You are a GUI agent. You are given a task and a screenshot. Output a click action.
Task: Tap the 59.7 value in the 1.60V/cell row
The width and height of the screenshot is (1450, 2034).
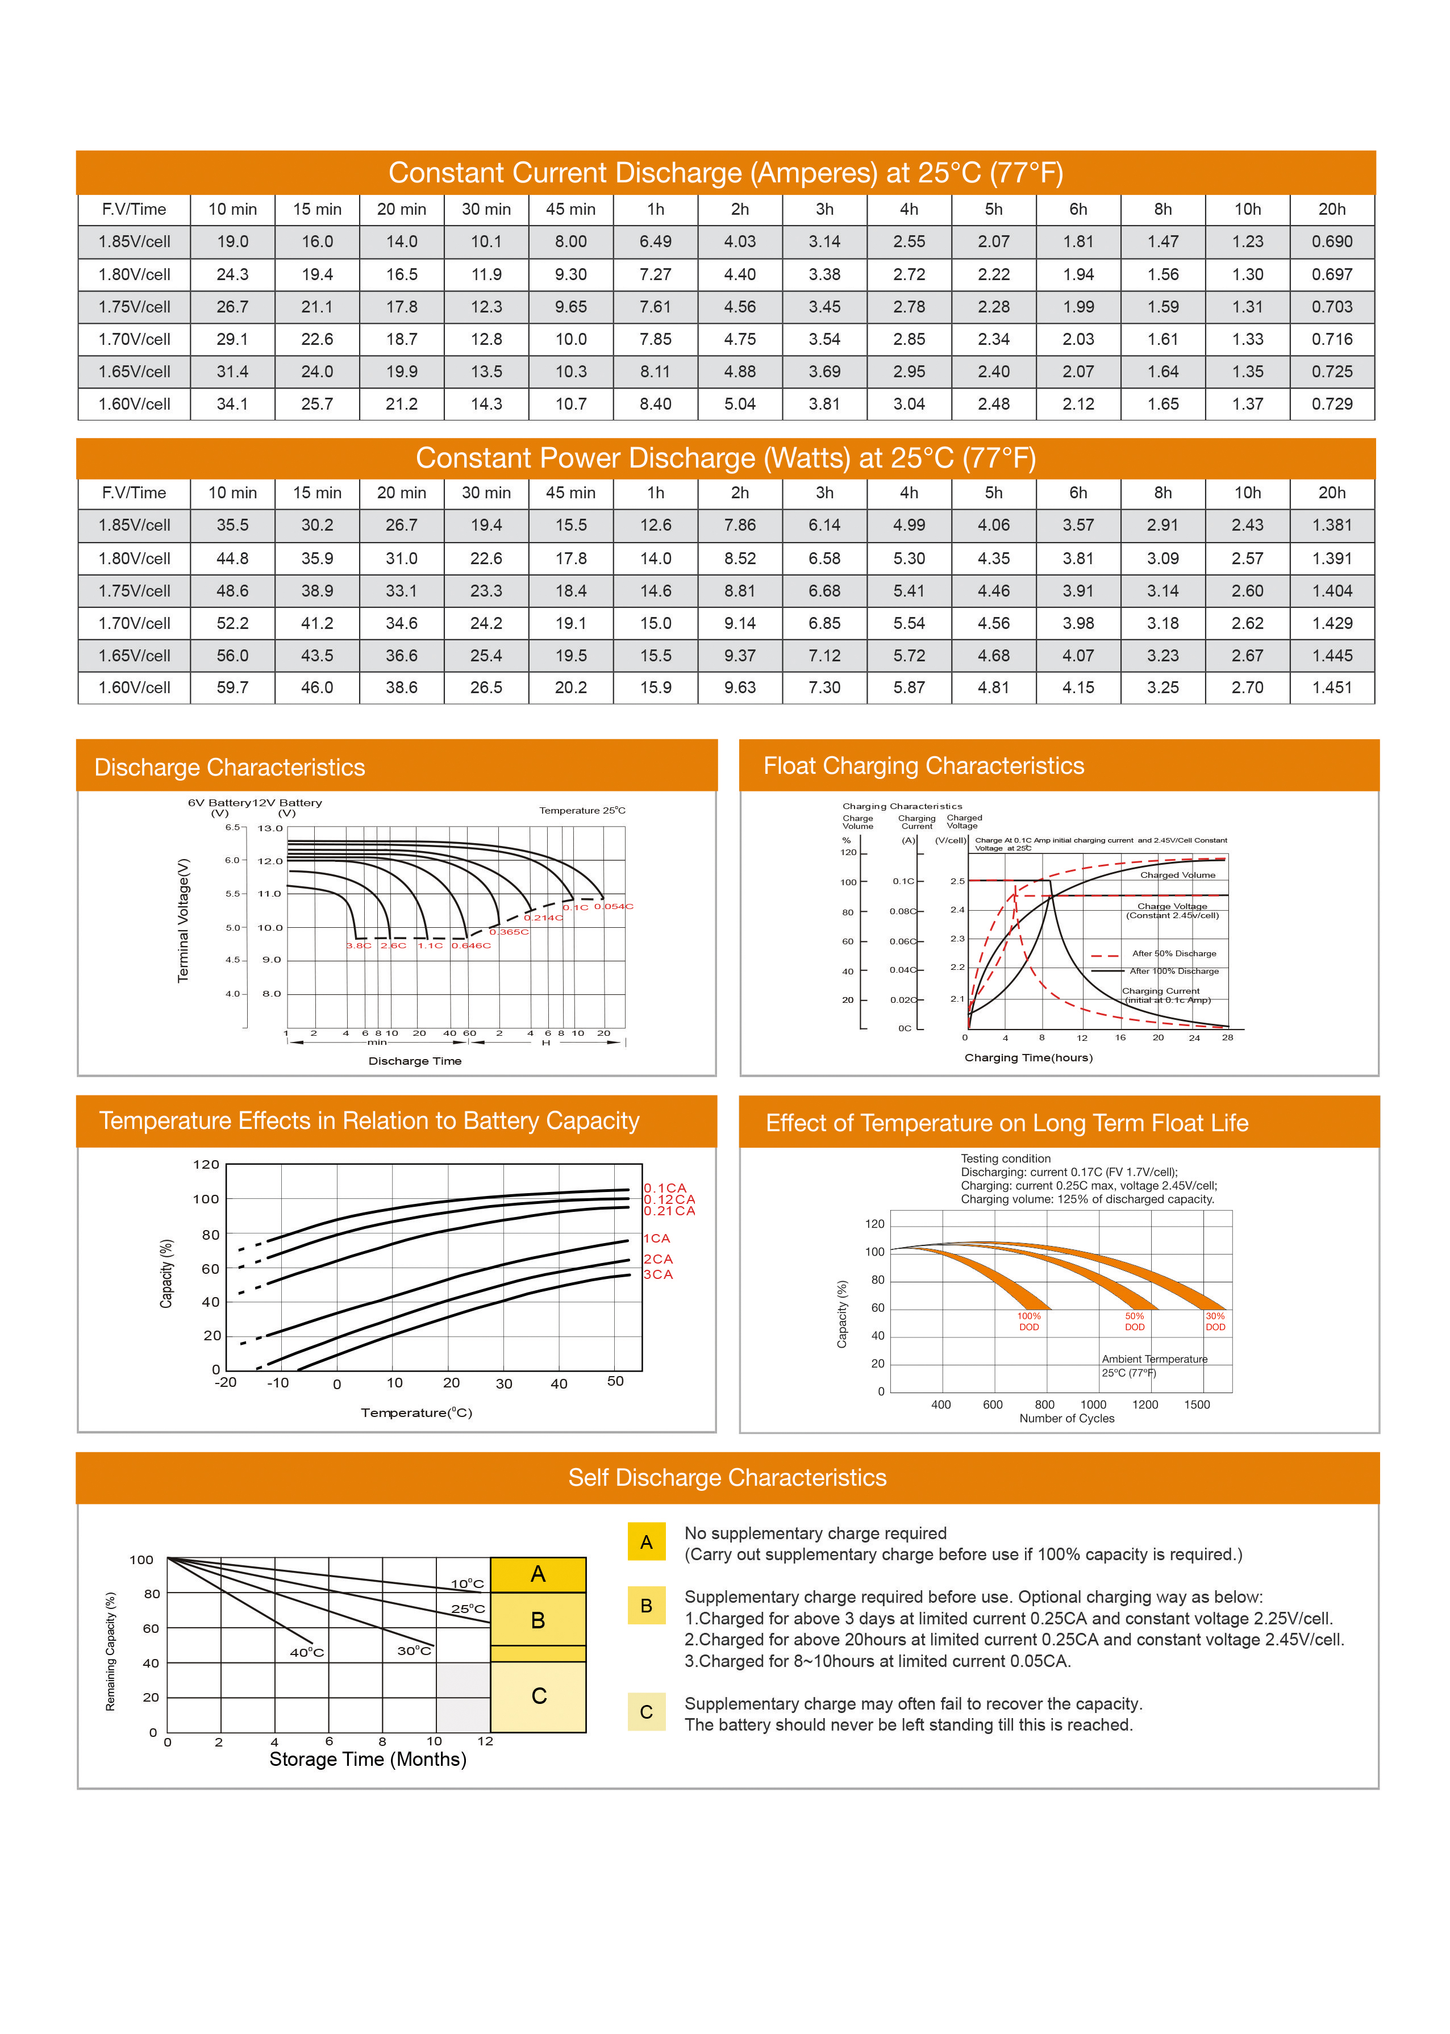pos(232,687)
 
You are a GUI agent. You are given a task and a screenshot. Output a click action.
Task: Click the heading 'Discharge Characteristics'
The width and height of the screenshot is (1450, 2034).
pos(230,767)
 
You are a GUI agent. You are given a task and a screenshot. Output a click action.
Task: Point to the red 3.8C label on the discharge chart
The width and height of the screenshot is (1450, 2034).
pos(358,945)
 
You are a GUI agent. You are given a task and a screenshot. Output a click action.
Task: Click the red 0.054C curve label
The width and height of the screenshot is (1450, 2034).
pos(614,906)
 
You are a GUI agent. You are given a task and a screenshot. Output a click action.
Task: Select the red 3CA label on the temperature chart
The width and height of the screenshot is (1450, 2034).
pos(658,1274)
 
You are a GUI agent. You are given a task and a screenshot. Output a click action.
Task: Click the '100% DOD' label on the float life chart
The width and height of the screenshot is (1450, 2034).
pos(1028,1322)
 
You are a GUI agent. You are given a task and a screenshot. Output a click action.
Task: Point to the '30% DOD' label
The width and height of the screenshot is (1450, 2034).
pos(1215,1322)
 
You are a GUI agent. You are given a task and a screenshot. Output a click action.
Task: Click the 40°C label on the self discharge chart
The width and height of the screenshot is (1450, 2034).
pos(306,1653)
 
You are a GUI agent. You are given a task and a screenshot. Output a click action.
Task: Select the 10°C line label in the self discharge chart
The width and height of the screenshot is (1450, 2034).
pos(467,1584)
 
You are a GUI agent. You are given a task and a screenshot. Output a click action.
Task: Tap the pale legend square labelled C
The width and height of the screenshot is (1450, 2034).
pos(647,1712)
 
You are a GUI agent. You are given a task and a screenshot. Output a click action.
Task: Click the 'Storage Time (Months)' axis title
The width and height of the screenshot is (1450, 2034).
pos(368,1759)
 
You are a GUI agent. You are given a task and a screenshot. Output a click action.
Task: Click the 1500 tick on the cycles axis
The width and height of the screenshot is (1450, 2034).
pos(1197,1404)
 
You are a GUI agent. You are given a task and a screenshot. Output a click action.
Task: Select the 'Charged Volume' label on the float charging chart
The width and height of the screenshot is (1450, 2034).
pos(1177,875)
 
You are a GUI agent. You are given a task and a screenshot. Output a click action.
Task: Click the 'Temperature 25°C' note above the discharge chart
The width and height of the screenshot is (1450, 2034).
pos(582,811)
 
